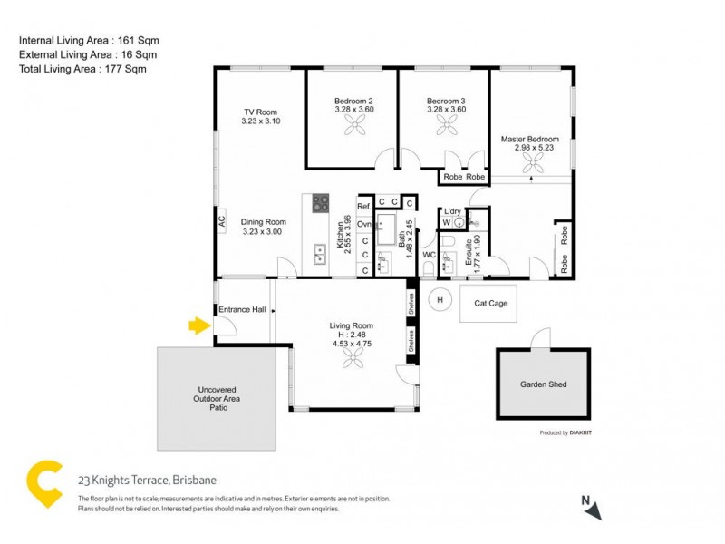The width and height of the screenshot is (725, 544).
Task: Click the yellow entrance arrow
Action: [198, 325]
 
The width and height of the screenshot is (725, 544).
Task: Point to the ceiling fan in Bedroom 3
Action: [446, 129]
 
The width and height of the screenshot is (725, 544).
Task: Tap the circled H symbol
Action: [440, 299]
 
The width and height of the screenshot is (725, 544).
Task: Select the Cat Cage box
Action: [489, 304]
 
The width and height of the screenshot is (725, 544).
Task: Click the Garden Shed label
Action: [543, 384]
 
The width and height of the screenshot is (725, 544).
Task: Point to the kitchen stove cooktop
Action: [321, 203]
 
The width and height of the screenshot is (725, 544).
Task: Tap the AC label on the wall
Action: [221, 219]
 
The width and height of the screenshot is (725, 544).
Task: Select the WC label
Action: [430, 256]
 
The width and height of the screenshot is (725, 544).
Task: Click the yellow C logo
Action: [47, 484]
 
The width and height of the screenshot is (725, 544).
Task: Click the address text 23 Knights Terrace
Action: [147, 481]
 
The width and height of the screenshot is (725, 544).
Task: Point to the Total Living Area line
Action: [82, 69]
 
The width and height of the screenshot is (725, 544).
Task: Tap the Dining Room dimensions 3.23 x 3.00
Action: [263, 232]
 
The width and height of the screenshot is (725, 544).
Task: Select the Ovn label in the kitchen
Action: [364, 224]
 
